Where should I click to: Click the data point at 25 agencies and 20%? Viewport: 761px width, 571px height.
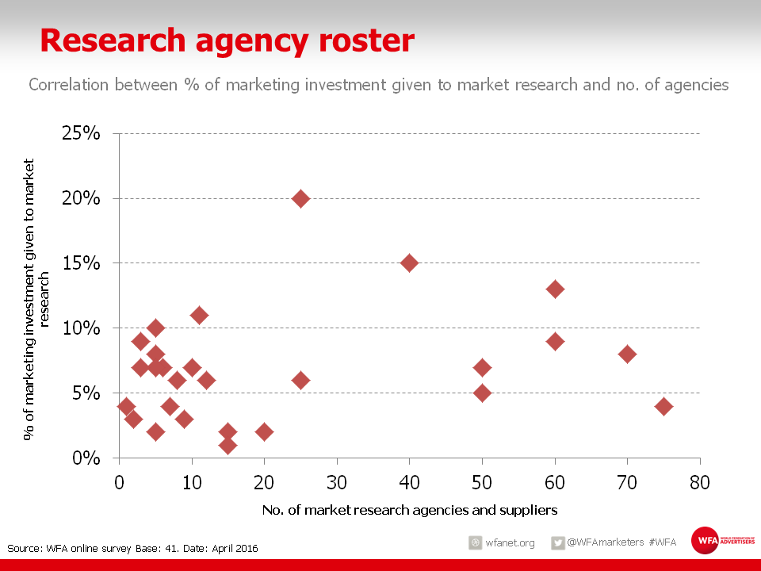pos(300,198)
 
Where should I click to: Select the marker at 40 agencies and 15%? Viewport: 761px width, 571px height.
pos(409,263)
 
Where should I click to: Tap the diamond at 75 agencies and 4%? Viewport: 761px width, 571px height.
pos(663,406)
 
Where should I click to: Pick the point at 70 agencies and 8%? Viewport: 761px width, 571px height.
pos(627,354)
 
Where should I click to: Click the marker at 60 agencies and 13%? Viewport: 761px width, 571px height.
pos(555,289)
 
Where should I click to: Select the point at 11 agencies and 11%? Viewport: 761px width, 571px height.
pos(199,315)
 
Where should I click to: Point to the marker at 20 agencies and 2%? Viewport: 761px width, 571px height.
pos(264,431)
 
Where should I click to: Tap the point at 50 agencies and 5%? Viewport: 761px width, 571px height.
pos(482,393)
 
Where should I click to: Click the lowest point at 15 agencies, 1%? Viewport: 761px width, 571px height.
pos(228,445)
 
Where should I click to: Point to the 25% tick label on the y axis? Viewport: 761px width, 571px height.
pos(82,133)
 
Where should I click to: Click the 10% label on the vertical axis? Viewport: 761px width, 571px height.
pos(82,328)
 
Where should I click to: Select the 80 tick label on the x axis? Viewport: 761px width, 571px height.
pos(699,481)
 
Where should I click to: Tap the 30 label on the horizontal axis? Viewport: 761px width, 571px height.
pos(337,481)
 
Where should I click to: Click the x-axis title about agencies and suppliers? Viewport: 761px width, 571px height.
pos(409,509)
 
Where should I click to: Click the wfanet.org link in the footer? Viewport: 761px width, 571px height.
pos(510,543)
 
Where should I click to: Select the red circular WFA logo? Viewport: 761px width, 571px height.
pos(704,541)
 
